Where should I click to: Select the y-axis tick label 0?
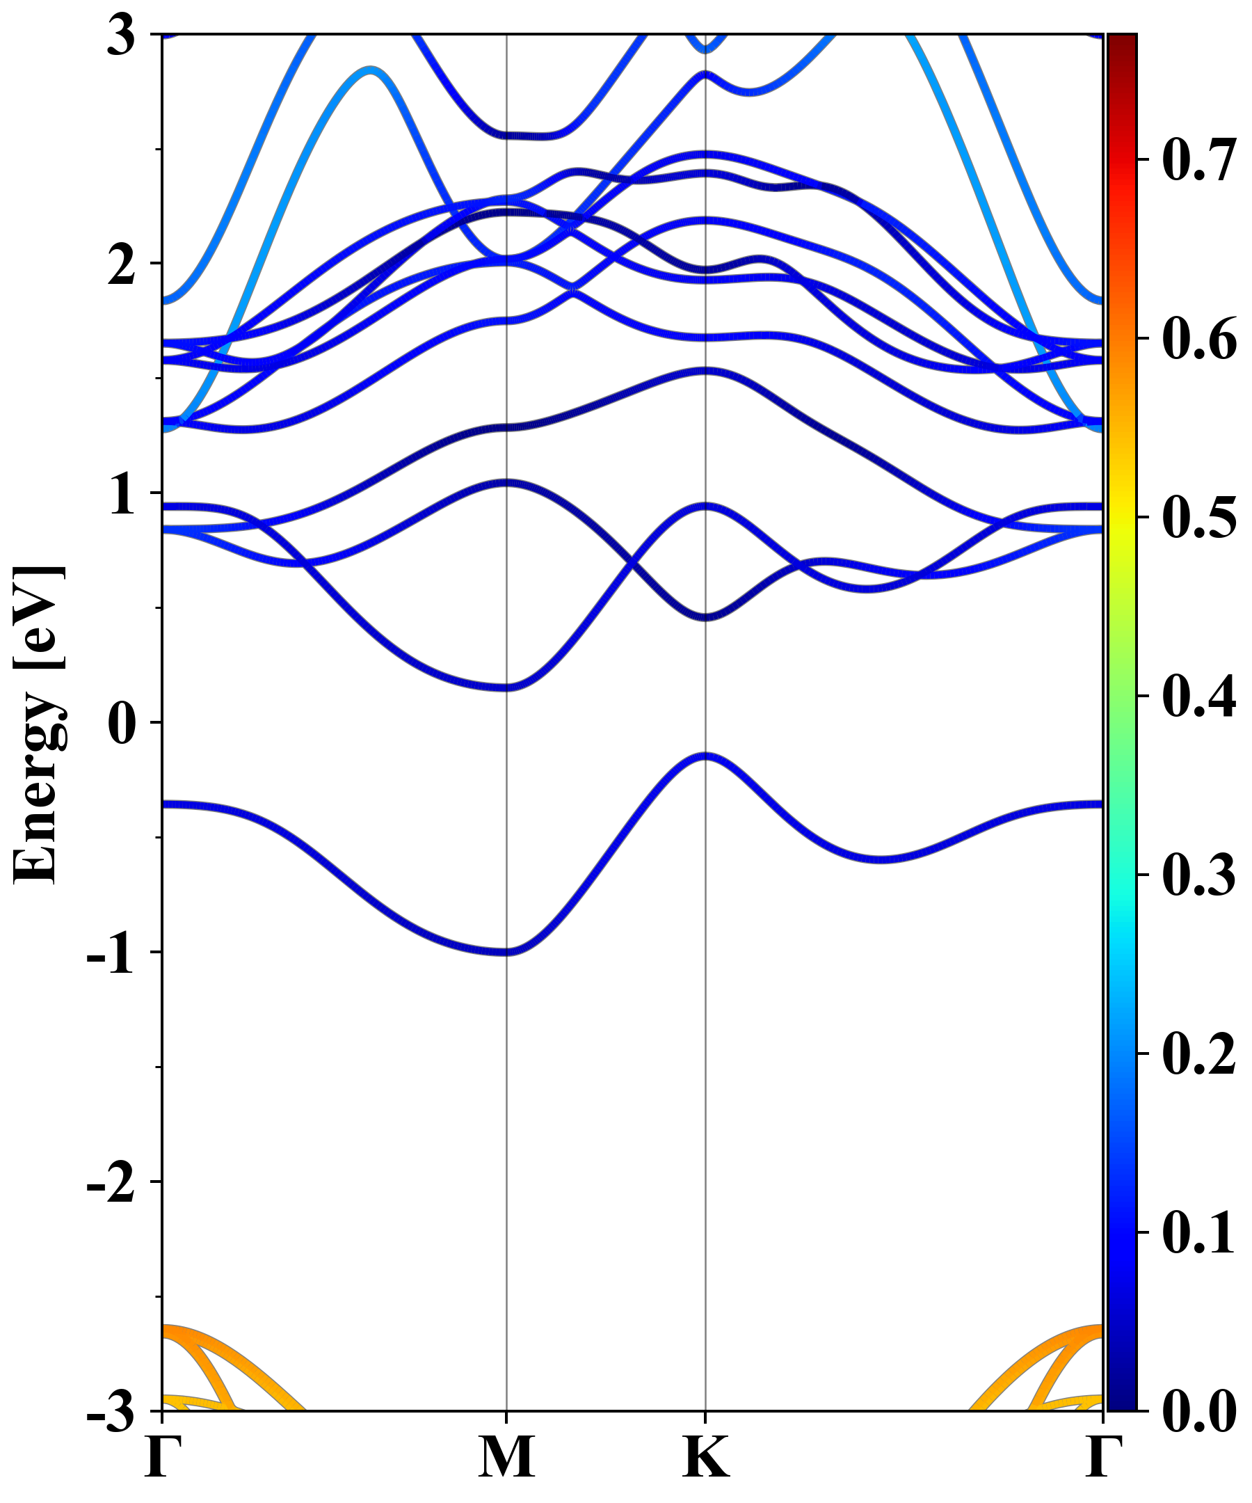click(x=122, y=724)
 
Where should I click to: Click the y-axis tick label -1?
click(x=111, y=954)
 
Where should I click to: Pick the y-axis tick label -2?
click(x=111, y=1183)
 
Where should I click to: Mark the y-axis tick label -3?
click(x=111, y=1412)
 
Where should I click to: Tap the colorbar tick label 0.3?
click(x=1199, y=875)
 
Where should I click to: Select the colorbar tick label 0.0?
click(x=1199, y=1411)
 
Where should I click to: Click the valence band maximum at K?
click(x=706, y=756)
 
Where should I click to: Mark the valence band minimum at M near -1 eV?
click(x=506, y=952)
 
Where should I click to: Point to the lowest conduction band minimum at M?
click(x=506, y=687)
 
